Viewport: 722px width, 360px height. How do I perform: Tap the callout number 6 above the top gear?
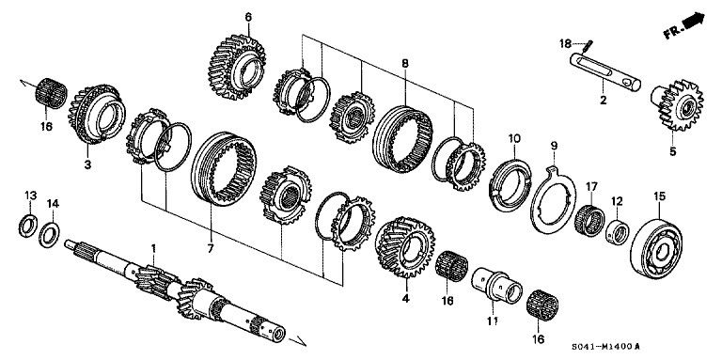coord(248,17)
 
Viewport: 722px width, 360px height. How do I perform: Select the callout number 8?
coord(404,63)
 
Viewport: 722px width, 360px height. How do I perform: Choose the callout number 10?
coord(513,139)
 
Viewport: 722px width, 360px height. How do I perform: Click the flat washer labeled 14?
coord(53,232)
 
